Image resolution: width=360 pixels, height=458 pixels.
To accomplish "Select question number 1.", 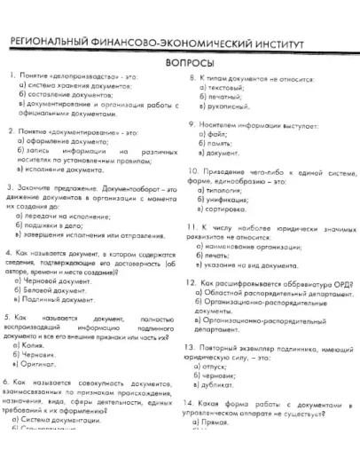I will pyautogui.click(x=11, y=75).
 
